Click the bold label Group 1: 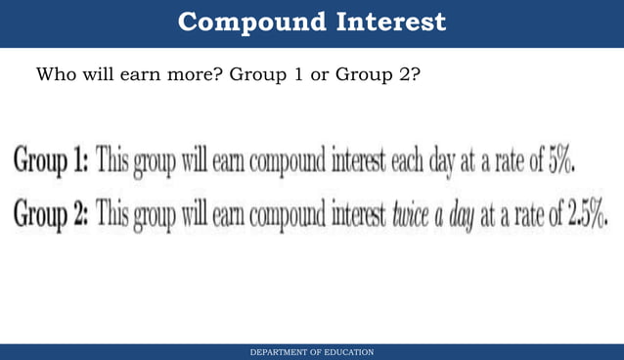click(x=50, y=161)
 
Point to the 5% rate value click(x=559, y=160)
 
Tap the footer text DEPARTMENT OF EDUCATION click(x=311, y=351)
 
